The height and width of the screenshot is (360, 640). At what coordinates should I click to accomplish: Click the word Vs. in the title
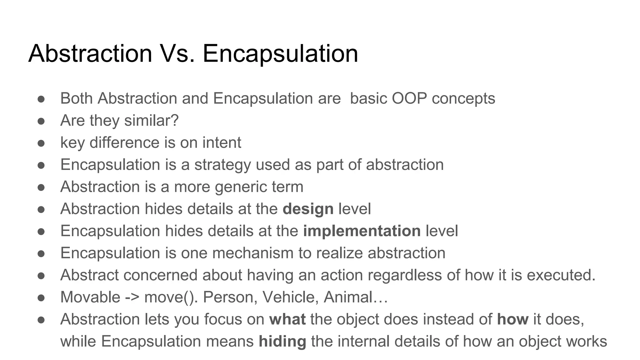pyautogui.click(x=177, y=53)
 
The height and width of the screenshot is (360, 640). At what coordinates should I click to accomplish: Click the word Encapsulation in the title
pyautogui.click(x=280, y=53)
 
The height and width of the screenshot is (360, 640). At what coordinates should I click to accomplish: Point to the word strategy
pyautogui.click(x=222, y=165)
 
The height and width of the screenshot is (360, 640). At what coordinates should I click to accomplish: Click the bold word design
pyautogui.click(x=308, y=209)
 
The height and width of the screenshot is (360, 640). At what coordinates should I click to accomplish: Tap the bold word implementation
pyautogui.click(x=362, y=231)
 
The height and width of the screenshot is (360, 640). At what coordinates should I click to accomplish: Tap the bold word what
pyautogui.click(x=287, y=319)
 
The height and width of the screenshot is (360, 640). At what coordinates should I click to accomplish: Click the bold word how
pyautogui.click(x=512, y=319)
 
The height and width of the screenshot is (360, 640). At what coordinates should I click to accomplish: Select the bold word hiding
pyautogui.click(x=282, y=341)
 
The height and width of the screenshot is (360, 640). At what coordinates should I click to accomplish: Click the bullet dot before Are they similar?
pyautogui.click(x=41, y=121)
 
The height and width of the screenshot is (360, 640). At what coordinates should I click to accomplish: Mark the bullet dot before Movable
pyautogui.click(x=41, y=297)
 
